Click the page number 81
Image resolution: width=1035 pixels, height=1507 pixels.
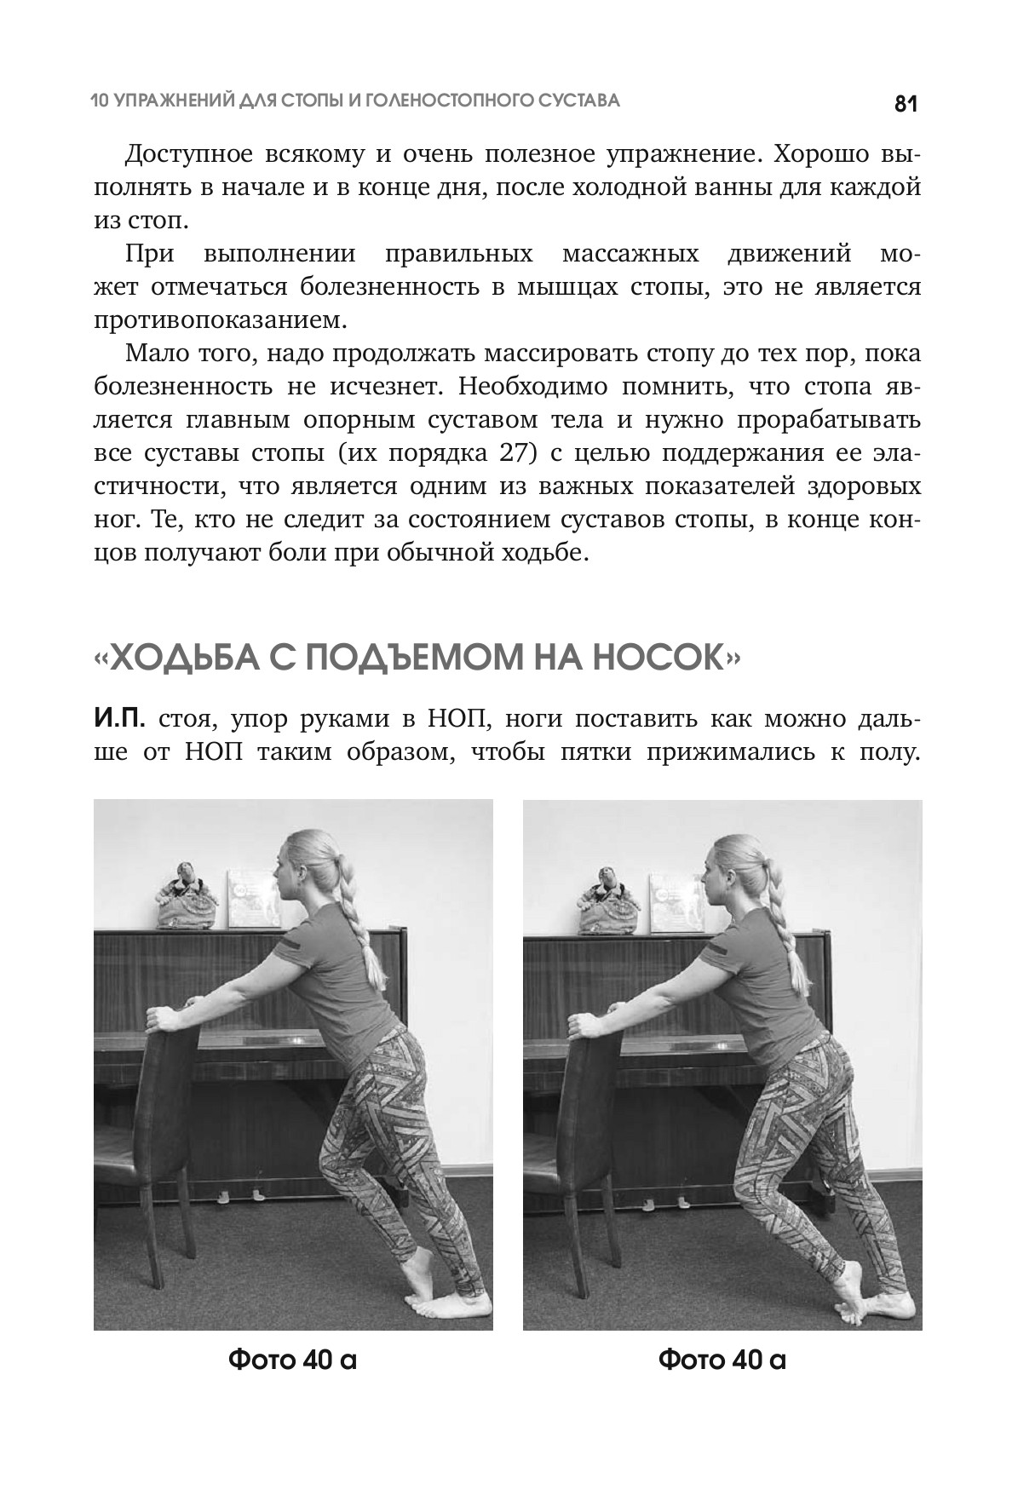tap(905, 104)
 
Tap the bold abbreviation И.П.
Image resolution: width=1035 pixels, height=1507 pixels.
tap(119, 720)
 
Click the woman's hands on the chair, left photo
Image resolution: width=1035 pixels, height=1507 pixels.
tap(170, 1018)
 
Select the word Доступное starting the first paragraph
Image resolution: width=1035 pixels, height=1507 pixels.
tap(187, 155)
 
